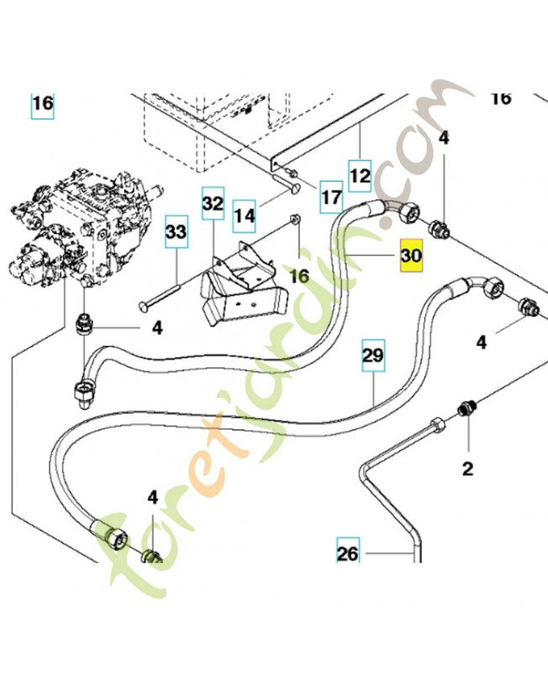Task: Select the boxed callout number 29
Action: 374,357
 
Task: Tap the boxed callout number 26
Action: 348,554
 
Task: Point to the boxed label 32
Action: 213,204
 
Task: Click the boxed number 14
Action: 244,216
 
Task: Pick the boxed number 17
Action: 331,198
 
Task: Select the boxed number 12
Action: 360,176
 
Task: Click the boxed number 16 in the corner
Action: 43,105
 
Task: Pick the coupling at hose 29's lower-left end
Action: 108,533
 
